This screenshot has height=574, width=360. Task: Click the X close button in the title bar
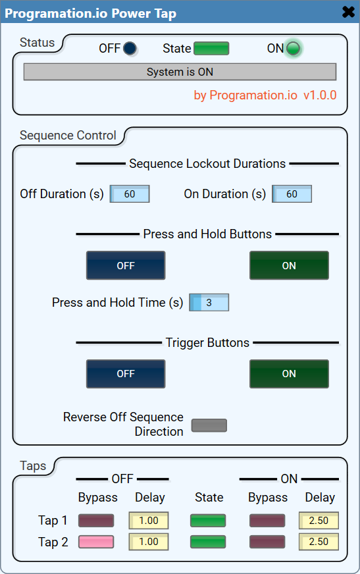pyautogui.click(x=348, y=13)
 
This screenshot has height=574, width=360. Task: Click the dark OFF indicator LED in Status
pyautogui.click(x=130, y=48)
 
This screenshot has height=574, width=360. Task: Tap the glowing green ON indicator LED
pyautogui.click(x=293, y=48)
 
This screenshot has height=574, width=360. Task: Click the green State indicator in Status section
pyautogui.click(x=211, y=48)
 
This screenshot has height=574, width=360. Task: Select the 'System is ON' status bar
pyautogui.click(x=180, y=72)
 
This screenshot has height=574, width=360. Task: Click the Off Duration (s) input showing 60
pyautogui.click(x=130, y=194)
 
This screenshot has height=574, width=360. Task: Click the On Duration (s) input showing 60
pyautogui.click(x=292, y=194)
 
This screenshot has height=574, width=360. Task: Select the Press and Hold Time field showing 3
pyautogui.click(x=209, y=303)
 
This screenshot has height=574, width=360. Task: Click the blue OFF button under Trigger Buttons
pyautogui.click(x=126, y=374)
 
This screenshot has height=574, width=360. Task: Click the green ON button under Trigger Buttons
pyautogui.click(x=289, y=374)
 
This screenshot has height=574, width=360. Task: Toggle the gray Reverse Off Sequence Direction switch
pyautogui.click(x=209, y=425)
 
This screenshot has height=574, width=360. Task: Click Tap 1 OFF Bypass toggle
pyautogui.click(x=96, y=521)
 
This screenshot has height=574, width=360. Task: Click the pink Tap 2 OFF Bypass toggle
pyautogui.click(x=96, y=542)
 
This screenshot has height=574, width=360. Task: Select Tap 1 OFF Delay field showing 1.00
pyautogui.click(x=149, y=521)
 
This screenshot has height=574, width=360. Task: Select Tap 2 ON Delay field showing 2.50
pyautogui.click(x=319, y=542)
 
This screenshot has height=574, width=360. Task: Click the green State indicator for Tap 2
pyautogui.click(x=208, y=542)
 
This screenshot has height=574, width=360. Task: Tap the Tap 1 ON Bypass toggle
pyautogui.click(x=267, y=521)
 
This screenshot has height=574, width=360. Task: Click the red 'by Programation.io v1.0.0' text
pyautogui.click(x=265, y=95)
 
